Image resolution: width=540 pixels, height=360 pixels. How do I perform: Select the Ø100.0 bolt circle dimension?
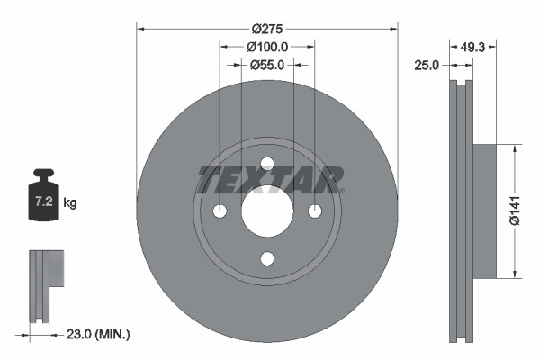(x=266, y=46)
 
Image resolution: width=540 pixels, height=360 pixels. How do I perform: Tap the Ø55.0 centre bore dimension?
(x=266, y=65)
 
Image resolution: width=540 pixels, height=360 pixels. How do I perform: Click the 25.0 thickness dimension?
(x=427, y=66)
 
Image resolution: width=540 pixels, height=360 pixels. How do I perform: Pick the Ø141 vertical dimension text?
(x=515, y=211)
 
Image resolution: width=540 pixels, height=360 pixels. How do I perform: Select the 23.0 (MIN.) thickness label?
(x=99, y=334)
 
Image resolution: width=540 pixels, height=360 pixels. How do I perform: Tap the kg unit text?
(x=70, y=203)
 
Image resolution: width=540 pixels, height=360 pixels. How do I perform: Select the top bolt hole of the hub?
(x=266, y=163)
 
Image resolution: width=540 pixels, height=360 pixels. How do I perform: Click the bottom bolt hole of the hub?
(x=266, y=259)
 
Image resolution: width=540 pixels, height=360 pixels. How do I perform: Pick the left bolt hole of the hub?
(x=219, y=211)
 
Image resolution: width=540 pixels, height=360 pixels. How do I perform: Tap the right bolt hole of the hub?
(x=315, y=211)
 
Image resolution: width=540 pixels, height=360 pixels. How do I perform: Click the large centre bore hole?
(x=266, y=212)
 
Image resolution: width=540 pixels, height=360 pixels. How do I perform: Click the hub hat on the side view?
(x=484, y=211)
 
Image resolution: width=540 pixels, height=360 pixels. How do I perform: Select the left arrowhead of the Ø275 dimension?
(x=140, y=27)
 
